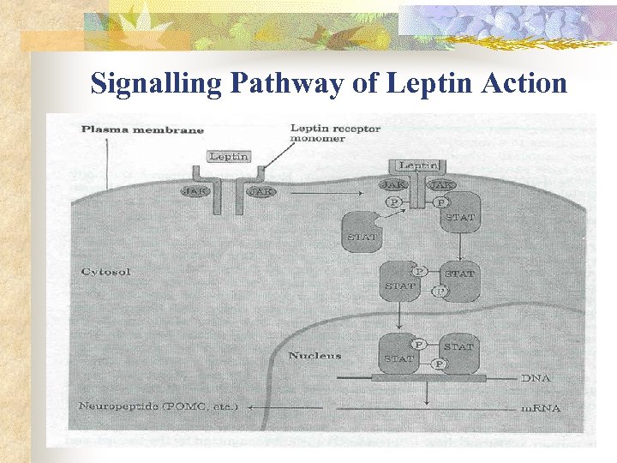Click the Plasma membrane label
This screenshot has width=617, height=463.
pos(142,129)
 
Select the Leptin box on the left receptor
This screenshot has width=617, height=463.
pos(228,157)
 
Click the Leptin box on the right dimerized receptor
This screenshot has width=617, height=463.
pos(417,165)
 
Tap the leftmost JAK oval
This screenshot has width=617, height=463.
pos(194,191)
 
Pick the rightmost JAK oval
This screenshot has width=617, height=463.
pos(442,184)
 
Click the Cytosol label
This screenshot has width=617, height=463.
pos(105,271)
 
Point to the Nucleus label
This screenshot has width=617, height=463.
pos(314,356)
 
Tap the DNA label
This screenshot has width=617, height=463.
pos(535,377)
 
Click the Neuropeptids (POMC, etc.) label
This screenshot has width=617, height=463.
pos(158,406)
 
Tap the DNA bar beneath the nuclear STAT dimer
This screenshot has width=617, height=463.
pos(428,378)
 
